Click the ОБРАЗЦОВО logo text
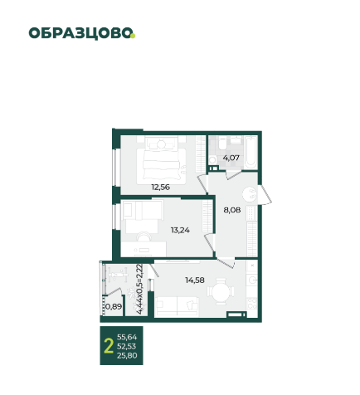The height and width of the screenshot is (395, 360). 80,33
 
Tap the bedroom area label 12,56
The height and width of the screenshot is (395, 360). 160,188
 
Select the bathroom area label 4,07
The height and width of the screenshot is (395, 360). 231,158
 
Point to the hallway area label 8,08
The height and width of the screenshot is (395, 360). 232,210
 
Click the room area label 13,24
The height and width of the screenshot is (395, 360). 180,230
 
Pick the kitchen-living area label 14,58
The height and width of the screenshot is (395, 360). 195,280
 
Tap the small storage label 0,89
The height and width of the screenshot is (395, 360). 114,306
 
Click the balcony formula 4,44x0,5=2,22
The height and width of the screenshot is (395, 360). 139,289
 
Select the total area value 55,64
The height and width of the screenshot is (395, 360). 127,337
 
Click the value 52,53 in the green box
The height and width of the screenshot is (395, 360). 127,346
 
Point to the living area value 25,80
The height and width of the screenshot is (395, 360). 127,355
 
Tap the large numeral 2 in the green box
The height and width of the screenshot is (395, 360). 109,346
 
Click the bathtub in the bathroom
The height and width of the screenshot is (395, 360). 251,153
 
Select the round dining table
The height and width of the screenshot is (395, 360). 221,291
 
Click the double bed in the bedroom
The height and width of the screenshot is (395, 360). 161,160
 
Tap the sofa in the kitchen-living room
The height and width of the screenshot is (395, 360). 177,306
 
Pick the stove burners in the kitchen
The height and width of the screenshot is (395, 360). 252,304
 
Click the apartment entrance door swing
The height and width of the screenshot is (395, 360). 265,195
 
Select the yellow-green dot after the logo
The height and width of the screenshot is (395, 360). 133,36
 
